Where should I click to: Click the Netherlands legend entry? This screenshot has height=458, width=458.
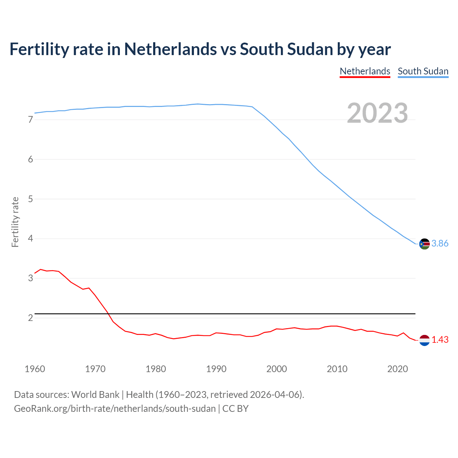(x=365, y=71)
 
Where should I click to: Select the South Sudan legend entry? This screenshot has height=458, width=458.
(x=423, y=71)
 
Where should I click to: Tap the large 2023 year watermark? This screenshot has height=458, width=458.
(x=377, y=113)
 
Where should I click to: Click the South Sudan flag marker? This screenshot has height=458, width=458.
(x=424, y=244)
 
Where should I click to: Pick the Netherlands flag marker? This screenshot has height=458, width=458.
(x=424, y=340)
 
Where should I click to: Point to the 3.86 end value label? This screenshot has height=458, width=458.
(x=440, y=244)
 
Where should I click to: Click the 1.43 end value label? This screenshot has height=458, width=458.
(x=440, y=340)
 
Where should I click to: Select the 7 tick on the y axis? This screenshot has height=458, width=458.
(x=30, y=120)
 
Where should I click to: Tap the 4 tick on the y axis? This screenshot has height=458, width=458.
(x=30, y=239)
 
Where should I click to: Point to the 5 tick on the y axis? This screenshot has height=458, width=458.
(x=30, y=199)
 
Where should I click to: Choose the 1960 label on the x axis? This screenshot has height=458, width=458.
(x=35, y=369)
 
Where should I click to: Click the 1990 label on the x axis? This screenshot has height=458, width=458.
(x=216, y=369)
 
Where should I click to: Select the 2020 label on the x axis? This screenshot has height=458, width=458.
(x=398, y=369)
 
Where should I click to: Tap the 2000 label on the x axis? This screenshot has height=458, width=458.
(x=277, y=369)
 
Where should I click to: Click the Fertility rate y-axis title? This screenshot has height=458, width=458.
(x=15, y=222)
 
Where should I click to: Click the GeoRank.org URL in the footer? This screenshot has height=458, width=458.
(x=114, y=409)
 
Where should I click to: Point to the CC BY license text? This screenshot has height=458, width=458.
(x=235, y=409)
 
